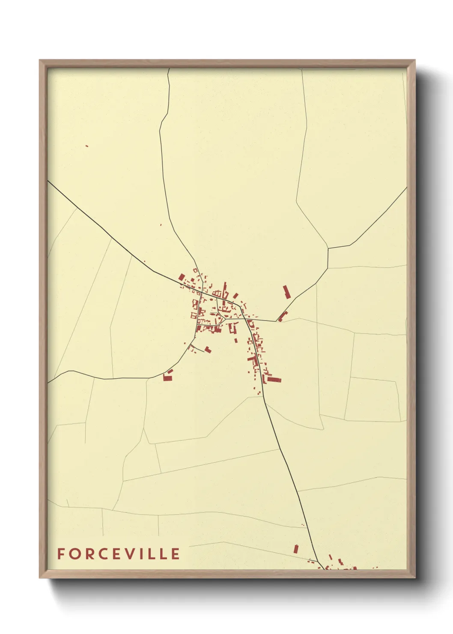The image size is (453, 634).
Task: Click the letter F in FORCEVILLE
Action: click(61, 554)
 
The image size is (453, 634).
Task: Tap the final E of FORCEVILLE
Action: click(176, 554)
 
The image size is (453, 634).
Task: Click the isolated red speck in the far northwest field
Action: click(87, 146)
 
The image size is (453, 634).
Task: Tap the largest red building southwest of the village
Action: click(167, 378)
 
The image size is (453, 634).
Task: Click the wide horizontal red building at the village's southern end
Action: click(274, 380)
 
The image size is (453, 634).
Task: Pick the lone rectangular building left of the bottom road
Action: click(295, 548)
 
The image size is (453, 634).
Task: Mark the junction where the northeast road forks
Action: click(328, 248)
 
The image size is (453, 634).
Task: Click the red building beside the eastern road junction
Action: click(281, 317)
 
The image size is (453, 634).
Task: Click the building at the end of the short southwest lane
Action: click(208, 350)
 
